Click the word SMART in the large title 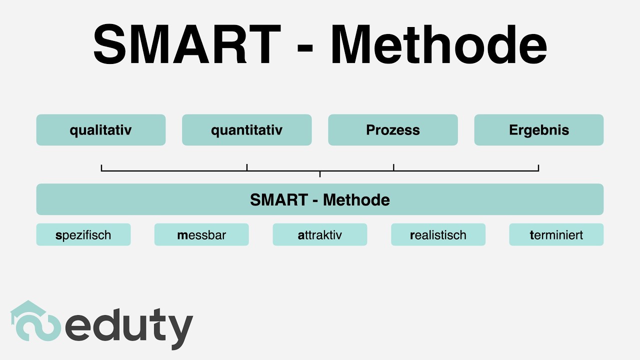click(186, 44)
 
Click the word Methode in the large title click(438, 44)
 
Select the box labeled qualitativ click(100, 130)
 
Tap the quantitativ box click(246, 130)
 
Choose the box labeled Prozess click(392, 130)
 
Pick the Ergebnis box click(538, 130)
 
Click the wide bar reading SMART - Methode click(320, 199)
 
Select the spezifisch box click(83, 234)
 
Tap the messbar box click(201, 234)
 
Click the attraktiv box click(320, 234)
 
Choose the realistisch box click(438, 234)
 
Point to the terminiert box click(556, 234)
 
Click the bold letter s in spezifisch click(58, 235)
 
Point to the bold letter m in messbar click(182, 235)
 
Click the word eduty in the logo click(129, 326)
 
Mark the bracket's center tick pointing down click(320, 174)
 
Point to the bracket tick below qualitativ click(101, 167)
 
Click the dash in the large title click(305, 47)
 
